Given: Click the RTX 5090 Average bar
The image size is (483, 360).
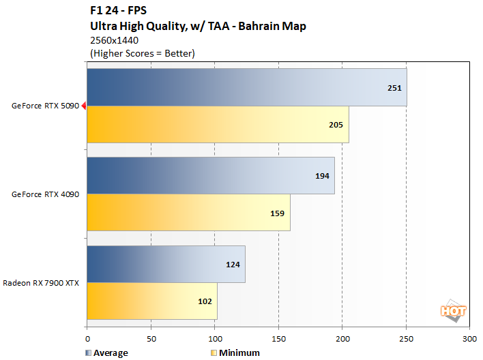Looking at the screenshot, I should [x=246, y=87].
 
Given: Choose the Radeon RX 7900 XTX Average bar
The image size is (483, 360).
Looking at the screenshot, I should [x=165, y=264].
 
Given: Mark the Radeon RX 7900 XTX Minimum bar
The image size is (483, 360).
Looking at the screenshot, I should [x=151, y=301].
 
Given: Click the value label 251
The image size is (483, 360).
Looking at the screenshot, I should [x=394, y=88].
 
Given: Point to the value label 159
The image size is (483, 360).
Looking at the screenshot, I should [x=278, y=213].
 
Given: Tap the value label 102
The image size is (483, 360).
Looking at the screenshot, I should [x=205, y=301].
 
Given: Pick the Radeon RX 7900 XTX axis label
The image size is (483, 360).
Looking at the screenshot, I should [x=41, y=282].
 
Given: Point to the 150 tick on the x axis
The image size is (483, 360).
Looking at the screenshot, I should [x=279, y=338].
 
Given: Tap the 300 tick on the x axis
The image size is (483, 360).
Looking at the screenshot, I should [x=469, y=338].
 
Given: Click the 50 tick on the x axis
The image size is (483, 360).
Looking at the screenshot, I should [x=151, y=338].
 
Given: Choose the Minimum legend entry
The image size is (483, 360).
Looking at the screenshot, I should [x=235, y=352].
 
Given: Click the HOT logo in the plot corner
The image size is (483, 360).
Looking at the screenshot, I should [x=453, y=310].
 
